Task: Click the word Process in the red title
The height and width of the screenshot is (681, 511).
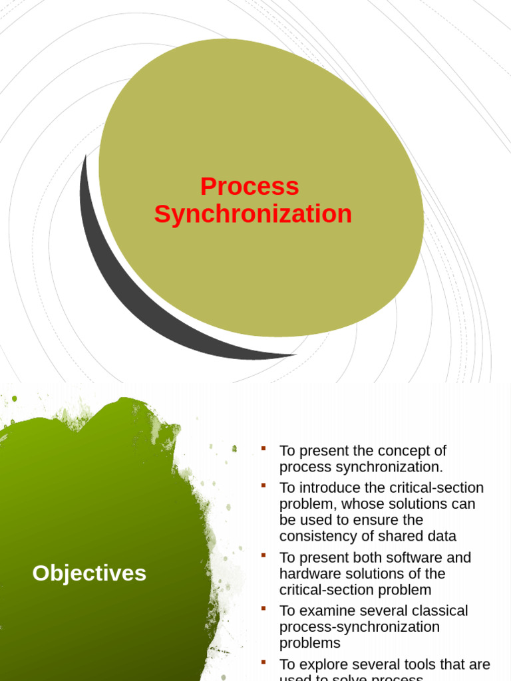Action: (x=250, y=187)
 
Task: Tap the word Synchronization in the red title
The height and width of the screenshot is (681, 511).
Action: (x=253, y=214)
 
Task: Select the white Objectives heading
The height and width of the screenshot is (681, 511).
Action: (x=89, y=573)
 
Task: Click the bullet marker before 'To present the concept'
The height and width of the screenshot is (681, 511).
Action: (x=263, y=449)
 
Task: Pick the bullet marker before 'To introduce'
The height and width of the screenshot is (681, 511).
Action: (x=263, y=486)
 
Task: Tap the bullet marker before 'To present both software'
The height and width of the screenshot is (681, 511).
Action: (x=263, y=555)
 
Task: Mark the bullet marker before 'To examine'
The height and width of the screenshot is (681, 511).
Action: (x=263, y=609)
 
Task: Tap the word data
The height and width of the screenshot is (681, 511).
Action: (x=442, y=536)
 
